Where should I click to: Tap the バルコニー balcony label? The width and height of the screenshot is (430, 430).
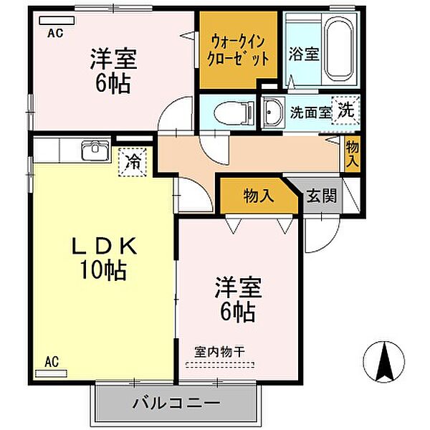click(x=176, y=403)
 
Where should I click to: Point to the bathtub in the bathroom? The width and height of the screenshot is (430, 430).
click(x=336, y=51)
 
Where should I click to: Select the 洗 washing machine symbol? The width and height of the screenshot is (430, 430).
click(x=345, y=111)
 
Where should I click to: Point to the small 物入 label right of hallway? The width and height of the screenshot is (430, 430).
click(x=352, y=153)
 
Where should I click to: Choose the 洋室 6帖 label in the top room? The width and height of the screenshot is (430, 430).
click(x=110, y=70)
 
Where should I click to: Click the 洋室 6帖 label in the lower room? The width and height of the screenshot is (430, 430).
click(x=237, y=300)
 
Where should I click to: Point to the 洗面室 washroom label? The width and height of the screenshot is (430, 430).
click(x=310, y=112)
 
